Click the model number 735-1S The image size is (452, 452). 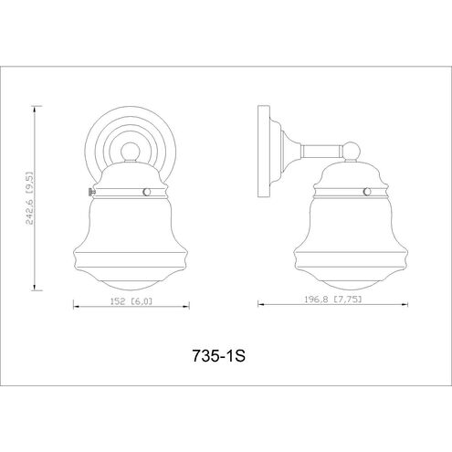218,355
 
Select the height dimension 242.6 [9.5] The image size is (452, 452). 30,198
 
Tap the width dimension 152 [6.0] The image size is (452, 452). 131,301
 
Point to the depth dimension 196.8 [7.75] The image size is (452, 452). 333,300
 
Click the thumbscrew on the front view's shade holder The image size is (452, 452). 91,192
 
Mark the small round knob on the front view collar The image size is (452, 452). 147,192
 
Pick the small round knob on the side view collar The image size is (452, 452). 368,192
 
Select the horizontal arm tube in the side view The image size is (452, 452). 321,151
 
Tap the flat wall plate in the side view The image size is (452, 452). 264,152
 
